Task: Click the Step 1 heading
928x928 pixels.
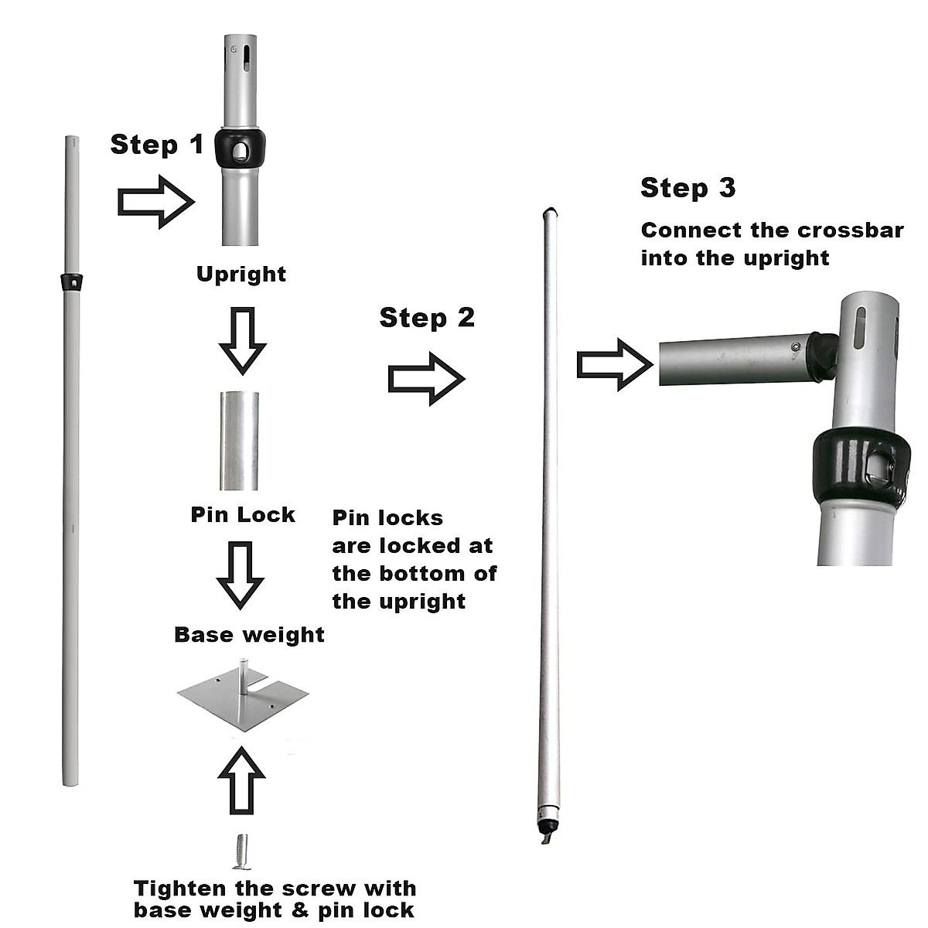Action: click(x=157, y=145)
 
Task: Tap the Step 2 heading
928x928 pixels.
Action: click(x=427, y=318)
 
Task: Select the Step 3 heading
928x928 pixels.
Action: click(x=688, y=188)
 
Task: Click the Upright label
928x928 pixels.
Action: click(x=241, y=275)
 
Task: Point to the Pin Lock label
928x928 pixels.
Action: click(x=243, y=514)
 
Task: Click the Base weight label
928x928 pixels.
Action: click(x=249, y=635)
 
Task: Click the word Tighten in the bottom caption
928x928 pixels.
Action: click(x=179, y=889)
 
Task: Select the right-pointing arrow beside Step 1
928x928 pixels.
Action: click(x=156, y=202)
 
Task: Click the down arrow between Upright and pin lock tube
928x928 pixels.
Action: click(x=243, y=341)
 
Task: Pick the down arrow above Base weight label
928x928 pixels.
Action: click(x=241, y=576)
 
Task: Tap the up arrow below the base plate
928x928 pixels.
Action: click(x=241, y=780)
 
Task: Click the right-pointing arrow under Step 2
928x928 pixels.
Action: click(x=427, y=378)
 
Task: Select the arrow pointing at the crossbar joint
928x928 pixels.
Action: click(x=615, y=364)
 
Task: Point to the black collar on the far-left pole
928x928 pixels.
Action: click(x=72, y=282)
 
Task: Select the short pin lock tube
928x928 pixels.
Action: click(x=239, y=441)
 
